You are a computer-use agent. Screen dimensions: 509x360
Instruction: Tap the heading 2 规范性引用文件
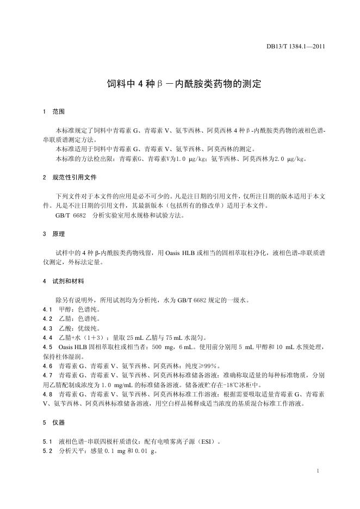(x=70, y=177)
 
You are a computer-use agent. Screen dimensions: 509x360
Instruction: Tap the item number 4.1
(x=47, y=308)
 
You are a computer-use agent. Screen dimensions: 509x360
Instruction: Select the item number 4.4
(x=47, y=337)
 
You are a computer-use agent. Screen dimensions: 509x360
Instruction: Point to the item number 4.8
(x=47, y=393)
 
